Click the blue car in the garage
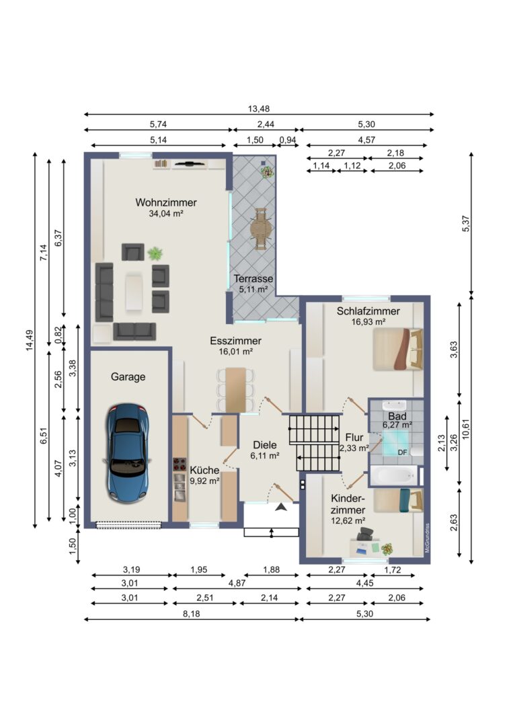127,452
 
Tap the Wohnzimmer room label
166,202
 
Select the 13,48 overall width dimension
258,109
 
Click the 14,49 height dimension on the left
29,340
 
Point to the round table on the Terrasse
260,229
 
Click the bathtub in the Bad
395,475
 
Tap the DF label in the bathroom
403,452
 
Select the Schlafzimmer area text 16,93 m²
368,322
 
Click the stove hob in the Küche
179,464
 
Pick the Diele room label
265,445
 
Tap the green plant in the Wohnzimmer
155,253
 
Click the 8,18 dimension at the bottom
191,614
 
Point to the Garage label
128,377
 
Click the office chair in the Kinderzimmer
365,533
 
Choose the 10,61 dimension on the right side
466,429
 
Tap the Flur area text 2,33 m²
354,448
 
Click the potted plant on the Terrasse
267,172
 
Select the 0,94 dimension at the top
288,140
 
